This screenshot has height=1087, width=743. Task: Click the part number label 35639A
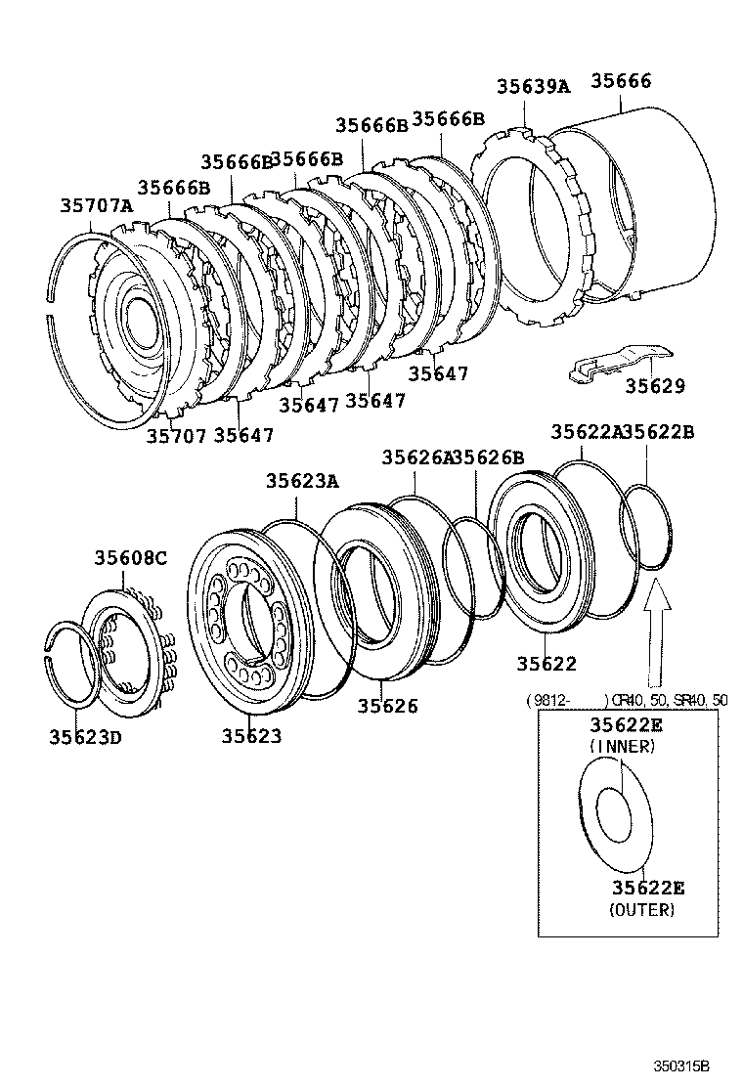click(x=532, y=86)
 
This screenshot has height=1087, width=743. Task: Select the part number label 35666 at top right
click(x=619, y=82)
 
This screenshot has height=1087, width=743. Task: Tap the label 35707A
click(x=96, y=205)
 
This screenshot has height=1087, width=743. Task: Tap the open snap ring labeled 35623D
click(x=73, y=664)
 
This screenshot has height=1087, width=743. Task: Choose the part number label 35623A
click(x=302, y=480)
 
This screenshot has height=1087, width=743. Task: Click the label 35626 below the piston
click(x=387, y=706)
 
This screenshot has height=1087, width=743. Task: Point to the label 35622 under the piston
click(x=546, y=664)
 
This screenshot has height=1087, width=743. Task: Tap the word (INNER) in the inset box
click(x=622, y=746)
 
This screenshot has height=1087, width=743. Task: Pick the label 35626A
click(x=417, y=457)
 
